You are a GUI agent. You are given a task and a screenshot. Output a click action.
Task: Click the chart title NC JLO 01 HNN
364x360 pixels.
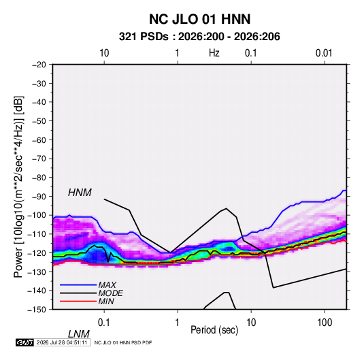[x=199, y=19]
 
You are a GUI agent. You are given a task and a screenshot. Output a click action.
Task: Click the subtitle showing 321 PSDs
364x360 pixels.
[x=199, y=37]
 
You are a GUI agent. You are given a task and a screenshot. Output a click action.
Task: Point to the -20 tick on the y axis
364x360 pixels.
[x=39, y=65]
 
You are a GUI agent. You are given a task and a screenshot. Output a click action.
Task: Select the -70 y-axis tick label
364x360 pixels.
[x=39, y=159]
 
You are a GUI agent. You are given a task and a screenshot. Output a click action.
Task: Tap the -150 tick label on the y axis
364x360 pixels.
[x=37, y=310]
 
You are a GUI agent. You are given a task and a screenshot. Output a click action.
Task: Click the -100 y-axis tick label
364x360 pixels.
[x=37, y=215]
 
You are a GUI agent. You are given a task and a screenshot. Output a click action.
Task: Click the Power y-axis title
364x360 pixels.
[x=18, y=186]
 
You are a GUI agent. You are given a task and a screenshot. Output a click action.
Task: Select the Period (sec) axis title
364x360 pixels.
[x=214, y=330]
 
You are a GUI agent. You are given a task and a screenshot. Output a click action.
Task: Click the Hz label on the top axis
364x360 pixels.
[x=214, y=53]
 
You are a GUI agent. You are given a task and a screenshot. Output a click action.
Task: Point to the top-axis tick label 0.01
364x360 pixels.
[x=324, y=53]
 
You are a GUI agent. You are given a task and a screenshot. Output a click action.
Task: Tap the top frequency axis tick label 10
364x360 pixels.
[x=104, y=53]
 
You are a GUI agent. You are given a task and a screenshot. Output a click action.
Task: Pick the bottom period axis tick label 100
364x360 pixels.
[x=325, y=322]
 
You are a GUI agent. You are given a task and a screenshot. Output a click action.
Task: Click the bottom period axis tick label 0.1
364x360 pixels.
[x=104, y=322]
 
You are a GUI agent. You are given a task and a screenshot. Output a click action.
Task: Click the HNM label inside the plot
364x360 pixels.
[x=80, y=193]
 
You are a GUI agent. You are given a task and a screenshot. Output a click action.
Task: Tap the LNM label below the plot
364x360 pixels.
[x=79, y=334]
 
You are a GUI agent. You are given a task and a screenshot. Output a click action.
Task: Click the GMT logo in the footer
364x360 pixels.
[x=24, y=342]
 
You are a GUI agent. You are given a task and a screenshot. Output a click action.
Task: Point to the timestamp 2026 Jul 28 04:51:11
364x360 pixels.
[x=62, y=342]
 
